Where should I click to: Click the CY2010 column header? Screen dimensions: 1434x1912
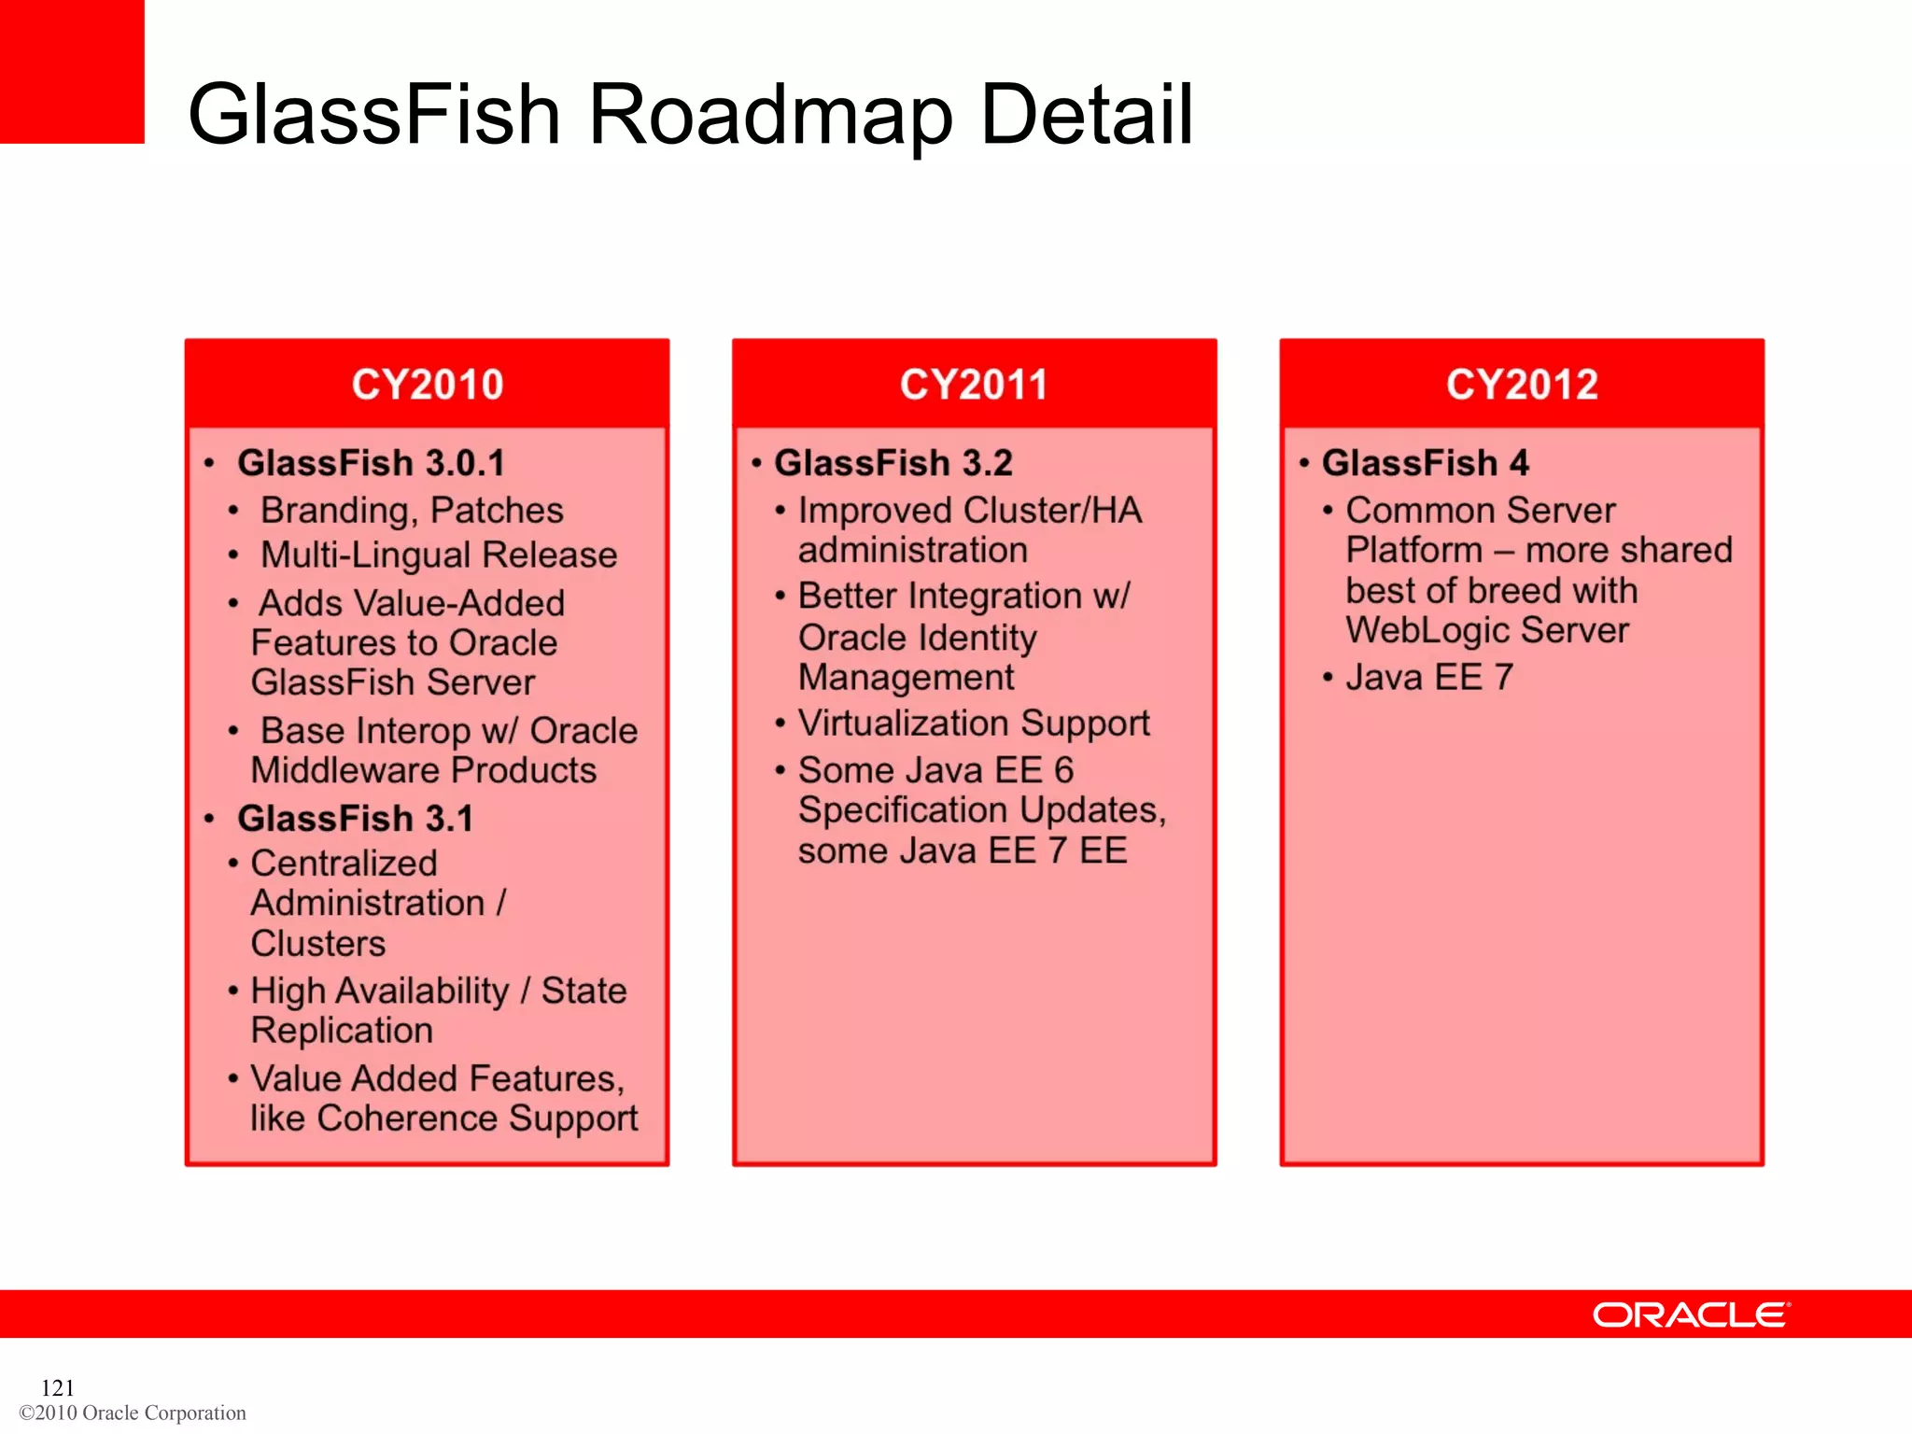(x=427, y=385)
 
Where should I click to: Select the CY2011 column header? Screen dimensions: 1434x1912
(x=974, y=385)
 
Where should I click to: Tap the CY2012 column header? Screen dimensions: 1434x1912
(x=1522, y=385)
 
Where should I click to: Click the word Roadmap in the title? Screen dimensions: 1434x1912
(x=770, y=115)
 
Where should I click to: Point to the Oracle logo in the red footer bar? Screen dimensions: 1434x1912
(x=1691, y=1314)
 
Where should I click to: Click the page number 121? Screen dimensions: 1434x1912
(x=58, y=1387)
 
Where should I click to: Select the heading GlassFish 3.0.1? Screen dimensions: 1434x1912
(x=371, y=463)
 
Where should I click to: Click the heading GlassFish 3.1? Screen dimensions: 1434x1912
(x=355, y=819)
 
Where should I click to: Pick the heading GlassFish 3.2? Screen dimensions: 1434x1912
(x=893, y=463)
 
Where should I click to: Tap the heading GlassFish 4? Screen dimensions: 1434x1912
(x=1425, y=463)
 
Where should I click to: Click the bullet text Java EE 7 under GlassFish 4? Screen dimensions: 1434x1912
(x=1428, y=678)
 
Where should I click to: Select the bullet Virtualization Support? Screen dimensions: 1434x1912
(x=974, y=724)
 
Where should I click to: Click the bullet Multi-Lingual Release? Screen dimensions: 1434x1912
(x=439, y=555)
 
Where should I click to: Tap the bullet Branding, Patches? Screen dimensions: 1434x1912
(x=412, y=511)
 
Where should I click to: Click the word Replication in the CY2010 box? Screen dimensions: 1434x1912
(x=342, y=1031)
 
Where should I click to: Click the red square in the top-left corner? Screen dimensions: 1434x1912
(x=72, y=71)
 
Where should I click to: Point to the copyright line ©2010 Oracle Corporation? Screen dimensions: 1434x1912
(x=133, y=1413)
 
